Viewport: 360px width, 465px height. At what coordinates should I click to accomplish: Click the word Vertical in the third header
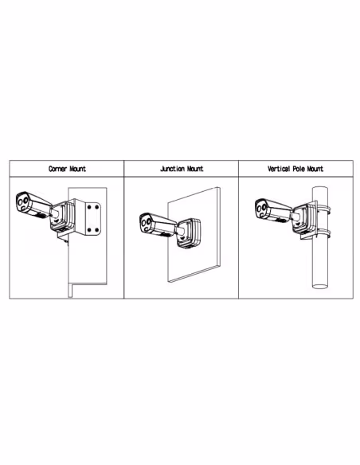point(280,169)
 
